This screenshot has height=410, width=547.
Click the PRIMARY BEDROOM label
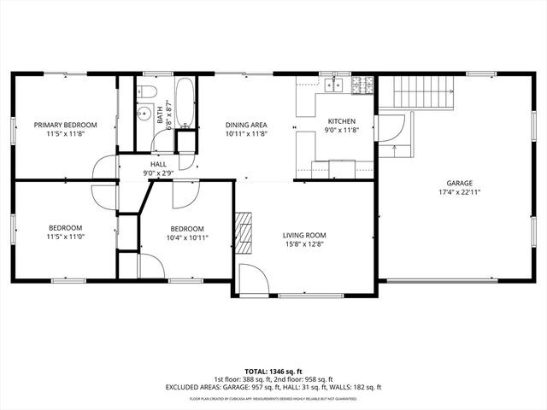point(65,125)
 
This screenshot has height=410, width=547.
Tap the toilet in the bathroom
point(147,90)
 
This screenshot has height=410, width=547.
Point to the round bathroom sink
point(144,110)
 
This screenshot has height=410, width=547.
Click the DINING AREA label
point(246,125)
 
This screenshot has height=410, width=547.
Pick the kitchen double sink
point(333,85)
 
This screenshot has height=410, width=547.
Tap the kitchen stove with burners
point(362,85)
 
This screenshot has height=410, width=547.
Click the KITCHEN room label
point(341,121)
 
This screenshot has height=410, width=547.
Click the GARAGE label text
point(459,183)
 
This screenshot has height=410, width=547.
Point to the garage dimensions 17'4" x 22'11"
point(459,193)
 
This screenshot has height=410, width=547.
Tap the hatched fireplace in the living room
point(245,230)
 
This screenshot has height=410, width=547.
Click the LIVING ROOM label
point(305,235)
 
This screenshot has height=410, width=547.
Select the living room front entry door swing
point(252,279)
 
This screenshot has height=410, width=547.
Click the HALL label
point(158,163)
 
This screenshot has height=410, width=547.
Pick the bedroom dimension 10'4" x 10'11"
point(186,237)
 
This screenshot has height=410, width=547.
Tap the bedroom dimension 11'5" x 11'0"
point(65,237)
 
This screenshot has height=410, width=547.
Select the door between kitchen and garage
point(389,129)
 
